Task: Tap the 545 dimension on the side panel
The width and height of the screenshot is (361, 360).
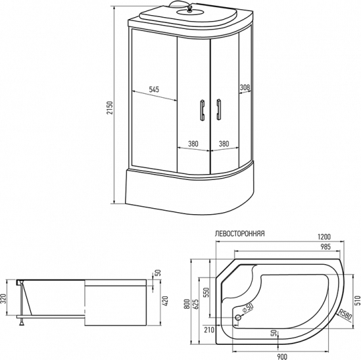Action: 154,89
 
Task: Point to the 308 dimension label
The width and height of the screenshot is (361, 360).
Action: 245,87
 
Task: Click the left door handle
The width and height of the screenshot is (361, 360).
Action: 203,110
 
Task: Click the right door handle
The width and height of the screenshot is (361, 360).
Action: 218,110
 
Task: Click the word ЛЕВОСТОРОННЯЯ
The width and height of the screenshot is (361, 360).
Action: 239,234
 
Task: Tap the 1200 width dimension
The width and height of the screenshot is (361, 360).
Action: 324,236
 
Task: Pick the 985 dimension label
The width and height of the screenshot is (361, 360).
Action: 325,247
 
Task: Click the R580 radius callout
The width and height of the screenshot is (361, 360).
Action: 345,315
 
